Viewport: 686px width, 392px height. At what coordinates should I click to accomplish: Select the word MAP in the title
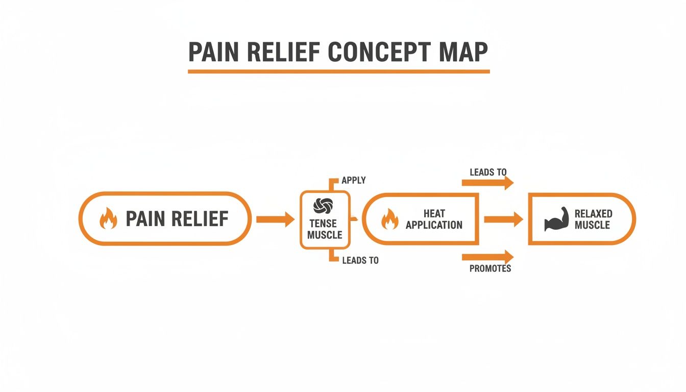462,52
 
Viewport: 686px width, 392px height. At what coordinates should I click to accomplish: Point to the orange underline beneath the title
338,71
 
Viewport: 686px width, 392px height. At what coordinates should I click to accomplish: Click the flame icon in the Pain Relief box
108,219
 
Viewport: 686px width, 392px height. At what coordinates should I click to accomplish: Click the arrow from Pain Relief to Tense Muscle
275,219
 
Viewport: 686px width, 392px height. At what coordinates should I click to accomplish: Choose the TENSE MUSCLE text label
325,230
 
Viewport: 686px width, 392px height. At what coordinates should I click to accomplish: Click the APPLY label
354,181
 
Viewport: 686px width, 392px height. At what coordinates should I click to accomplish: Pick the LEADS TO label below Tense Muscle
360,261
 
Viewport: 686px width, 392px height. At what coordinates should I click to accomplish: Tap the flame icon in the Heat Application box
389,219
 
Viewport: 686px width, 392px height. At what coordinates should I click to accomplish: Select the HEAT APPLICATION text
434,219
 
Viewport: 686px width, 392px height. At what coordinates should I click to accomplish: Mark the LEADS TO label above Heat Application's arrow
488,173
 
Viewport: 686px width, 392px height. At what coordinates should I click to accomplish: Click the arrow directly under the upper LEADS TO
487,183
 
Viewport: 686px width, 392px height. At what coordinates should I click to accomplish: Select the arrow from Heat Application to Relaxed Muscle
503,219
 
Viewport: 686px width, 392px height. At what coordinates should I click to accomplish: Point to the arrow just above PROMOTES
487,257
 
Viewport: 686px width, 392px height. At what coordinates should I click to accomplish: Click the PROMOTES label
490,268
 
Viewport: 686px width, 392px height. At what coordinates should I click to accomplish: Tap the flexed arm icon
556,219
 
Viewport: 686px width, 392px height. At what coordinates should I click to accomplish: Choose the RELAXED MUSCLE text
593,219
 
